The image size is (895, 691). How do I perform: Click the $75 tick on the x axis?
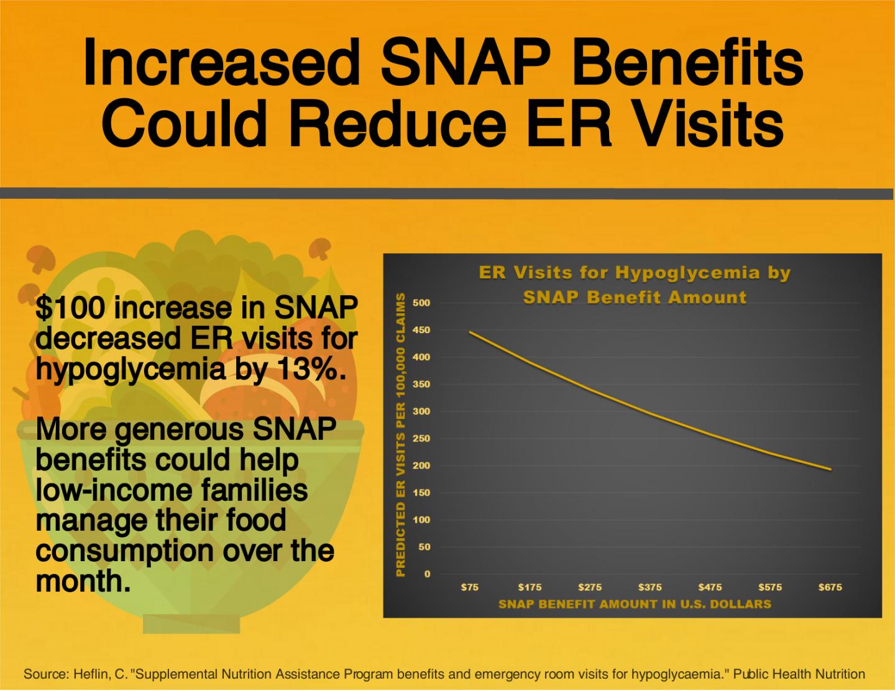[470, 587]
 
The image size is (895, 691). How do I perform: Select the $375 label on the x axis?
[650, 587]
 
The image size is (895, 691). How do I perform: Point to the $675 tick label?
[830, 587]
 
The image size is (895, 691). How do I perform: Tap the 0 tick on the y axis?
[427, 574]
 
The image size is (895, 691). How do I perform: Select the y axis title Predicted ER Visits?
[401, 435]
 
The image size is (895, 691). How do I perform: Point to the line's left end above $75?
[470, 332]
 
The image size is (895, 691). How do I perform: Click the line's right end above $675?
[830, 469]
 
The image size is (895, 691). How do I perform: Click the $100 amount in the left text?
[70, 308]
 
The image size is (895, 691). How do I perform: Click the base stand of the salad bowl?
[191, 623]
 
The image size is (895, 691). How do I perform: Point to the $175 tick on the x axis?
[530, 587]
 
